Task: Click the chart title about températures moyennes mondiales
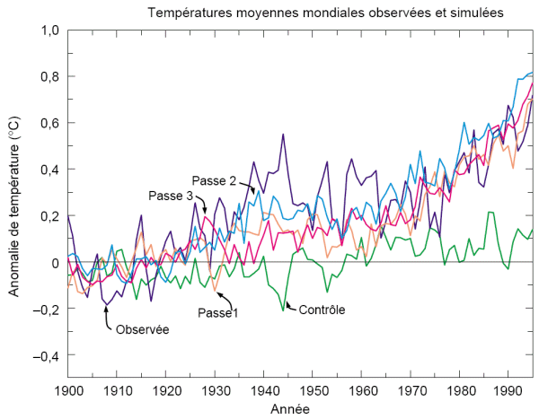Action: click(325, 13)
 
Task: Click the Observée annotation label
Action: click(142, 328)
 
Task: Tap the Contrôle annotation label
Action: click(322, 310)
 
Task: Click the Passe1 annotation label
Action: click(217, 312)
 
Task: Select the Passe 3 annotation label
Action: click(169, 196)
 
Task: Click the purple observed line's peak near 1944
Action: click(283, 134)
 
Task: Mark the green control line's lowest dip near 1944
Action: click(284, 310)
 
